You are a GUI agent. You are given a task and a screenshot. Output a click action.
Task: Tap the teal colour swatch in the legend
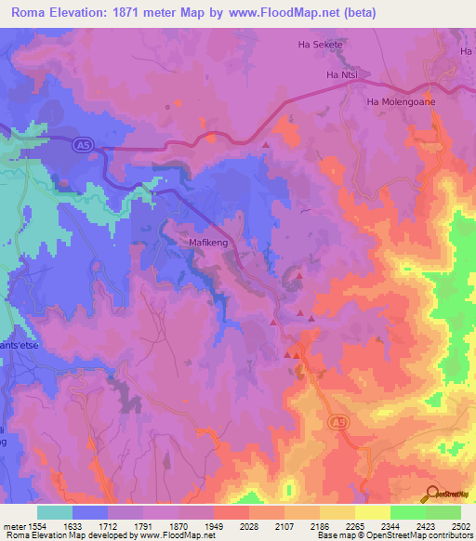[x=55, y=512]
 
